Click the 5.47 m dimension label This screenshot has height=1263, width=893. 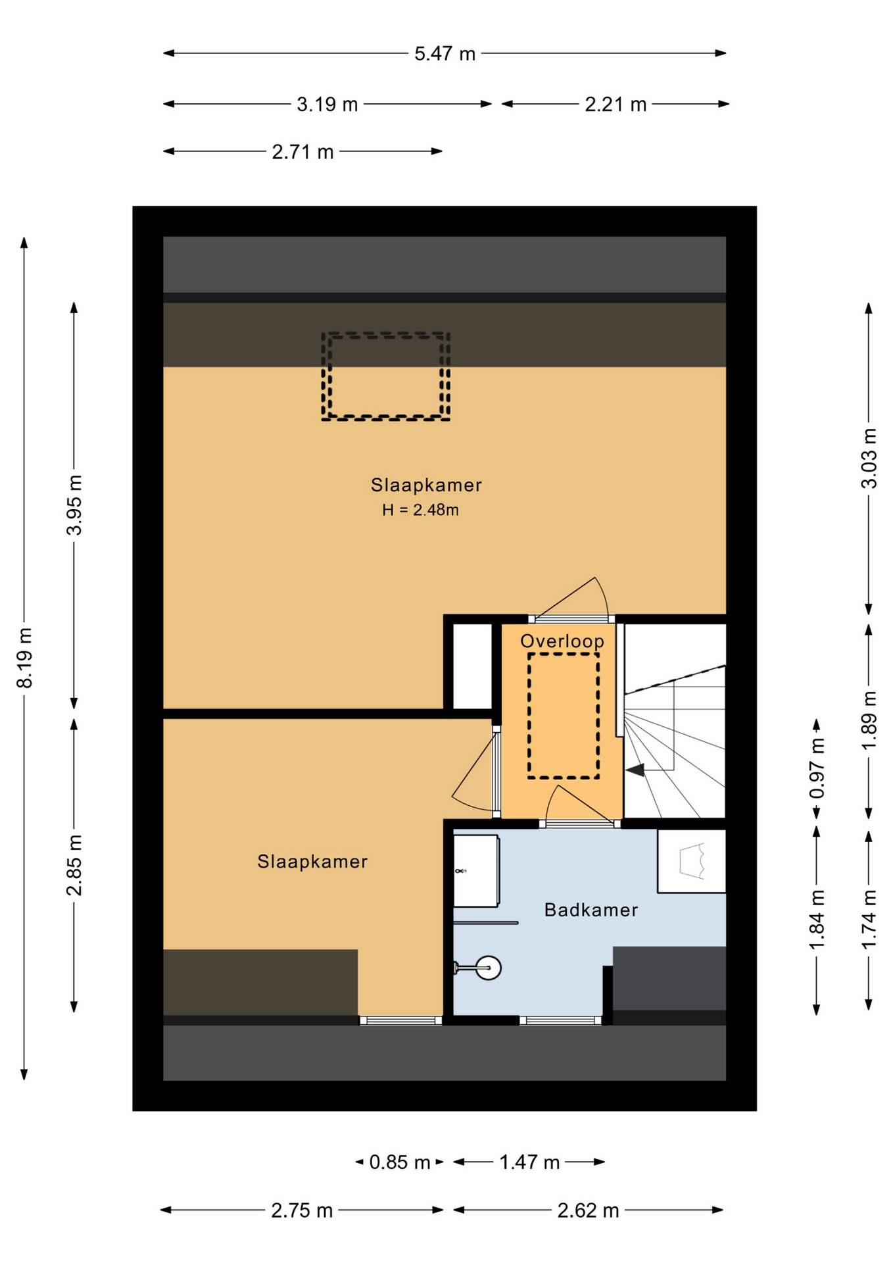445,53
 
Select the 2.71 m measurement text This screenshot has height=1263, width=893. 302,152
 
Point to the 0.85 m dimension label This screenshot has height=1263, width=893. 399,1162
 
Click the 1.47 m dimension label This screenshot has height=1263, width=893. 529,1162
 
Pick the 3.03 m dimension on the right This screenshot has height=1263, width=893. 869,458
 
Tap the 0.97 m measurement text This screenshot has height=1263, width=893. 817,769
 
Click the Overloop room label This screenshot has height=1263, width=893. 562,641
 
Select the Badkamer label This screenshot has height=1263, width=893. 591,910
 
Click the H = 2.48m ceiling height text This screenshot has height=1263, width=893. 420,510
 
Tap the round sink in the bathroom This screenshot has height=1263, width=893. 488,968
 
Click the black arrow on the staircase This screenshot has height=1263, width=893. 635,770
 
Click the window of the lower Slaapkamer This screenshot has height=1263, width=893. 400,1020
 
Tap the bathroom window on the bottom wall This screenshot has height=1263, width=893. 560,1020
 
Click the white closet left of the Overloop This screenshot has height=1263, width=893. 472,666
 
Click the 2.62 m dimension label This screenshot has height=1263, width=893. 588,1210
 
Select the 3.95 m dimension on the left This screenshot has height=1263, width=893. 74,505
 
